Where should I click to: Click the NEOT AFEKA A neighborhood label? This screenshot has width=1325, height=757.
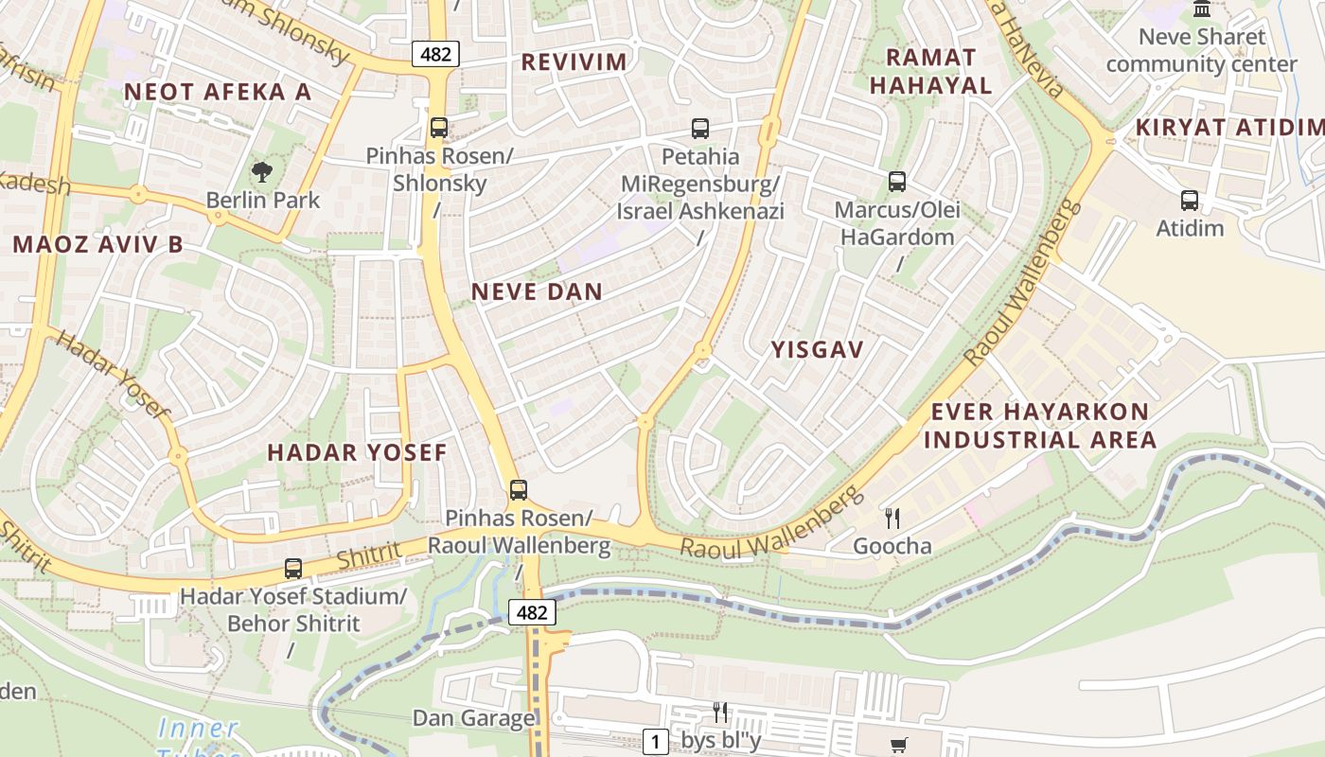tap(217, 92)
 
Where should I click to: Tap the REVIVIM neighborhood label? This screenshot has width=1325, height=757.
tap(574, 62)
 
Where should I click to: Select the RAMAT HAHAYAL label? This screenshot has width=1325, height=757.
tap(930, 71)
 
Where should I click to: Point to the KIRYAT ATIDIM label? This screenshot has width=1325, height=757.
tap(1228, 127)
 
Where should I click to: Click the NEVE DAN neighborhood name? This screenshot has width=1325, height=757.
tap(537, 291)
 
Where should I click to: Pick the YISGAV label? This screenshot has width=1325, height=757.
tap(817, 350)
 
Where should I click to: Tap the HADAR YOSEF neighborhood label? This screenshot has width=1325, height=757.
tap(357, 452)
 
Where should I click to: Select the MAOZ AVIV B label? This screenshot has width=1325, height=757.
tap(97, 244)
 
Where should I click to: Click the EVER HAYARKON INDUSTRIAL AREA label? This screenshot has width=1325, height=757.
tap(1040, 426)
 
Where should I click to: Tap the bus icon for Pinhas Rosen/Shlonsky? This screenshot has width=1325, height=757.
tap(438, 128)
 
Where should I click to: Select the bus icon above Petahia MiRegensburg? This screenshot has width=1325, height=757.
tap(699, 128)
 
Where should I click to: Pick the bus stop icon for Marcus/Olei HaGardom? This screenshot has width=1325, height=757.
tap(896, 181)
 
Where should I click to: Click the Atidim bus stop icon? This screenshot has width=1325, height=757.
tap(1189, 200)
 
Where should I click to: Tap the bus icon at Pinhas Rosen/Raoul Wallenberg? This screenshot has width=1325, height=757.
tap(518, 489)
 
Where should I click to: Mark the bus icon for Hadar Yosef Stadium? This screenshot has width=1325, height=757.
tap(293, 569)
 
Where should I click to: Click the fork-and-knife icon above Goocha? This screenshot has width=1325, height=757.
tap(892, 518)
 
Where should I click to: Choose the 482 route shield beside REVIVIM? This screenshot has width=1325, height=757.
tap(435, 54)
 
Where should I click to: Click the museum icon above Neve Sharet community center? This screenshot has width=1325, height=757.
tap(1202, 9)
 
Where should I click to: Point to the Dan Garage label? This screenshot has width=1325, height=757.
tap(473, 718)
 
